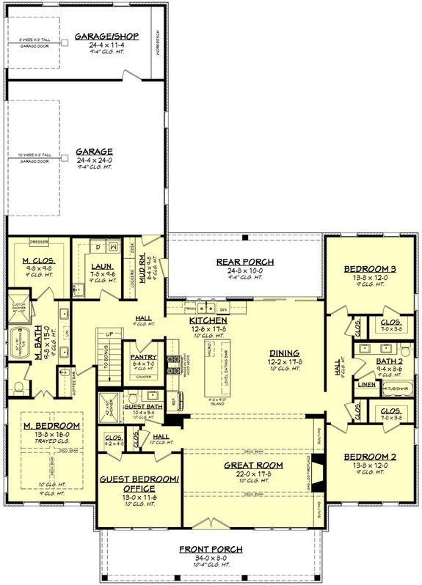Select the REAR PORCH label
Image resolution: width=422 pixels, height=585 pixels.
click(x=244, y=262)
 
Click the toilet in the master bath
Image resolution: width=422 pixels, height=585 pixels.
click(x=20, y=386)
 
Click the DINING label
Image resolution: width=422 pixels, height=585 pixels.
click(x=283, y=351)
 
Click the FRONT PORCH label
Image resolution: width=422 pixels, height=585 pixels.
click(x=211, y=549)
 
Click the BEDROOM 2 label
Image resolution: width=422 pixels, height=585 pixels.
click(x=369, y=457)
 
